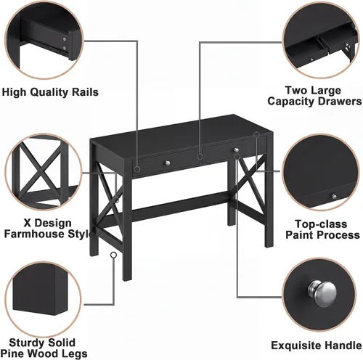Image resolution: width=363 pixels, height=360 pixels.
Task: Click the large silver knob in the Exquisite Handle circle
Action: (x=322, y=292)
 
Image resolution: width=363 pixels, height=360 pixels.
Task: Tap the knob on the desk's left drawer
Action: (x=167, y=163)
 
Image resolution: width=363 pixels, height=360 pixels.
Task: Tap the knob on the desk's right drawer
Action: (x=237, y=150)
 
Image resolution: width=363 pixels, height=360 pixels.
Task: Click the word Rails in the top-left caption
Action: (x=85, y=92)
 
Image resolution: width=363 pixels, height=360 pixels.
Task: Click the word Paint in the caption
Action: (x=299, y=235)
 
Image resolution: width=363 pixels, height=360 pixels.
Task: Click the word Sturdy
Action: (x=25, y=343)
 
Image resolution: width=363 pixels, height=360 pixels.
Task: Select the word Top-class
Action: (x=321, y=224)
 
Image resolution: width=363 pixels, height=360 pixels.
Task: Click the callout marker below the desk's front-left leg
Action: (x=113, y=255)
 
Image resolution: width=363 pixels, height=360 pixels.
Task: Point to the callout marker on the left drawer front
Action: (x=137, y=169)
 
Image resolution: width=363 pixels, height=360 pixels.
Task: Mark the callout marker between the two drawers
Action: (x=200, y=157)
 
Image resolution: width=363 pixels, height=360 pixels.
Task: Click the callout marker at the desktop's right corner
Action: (x=256, y=134)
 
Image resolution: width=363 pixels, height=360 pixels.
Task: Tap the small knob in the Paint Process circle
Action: (x=334, y=196)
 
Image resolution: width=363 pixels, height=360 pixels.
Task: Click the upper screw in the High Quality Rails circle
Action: (x=64, y=39)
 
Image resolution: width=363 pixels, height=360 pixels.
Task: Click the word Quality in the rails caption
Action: (x=50, y=92)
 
